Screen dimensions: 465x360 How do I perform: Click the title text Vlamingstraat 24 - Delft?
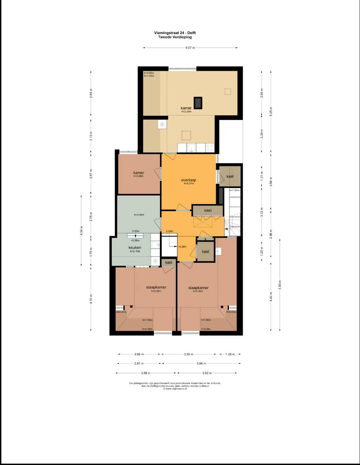pyautogui.click(x=175, y=33)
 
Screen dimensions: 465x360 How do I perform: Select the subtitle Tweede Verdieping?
pyautogui.click(x=175, y=37)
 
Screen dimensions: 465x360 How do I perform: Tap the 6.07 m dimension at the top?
pyautogui.click(x=190, y=48)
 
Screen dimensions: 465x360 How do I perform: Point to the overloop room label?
pyautogui.click(x=189, y=180)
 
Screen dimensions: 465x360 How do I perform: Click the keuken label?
pyautogui.click(x=135, y=247)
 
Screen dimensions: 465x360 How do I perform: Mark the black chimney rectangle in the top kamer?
pyautogui.click(x=198, y=102)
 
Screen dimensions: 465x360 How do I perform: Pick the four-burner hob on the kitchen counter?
pyautogui.click(x=210, y=148)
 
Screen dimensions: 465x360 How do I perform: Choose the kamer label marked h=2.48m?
pyautogui.click(x=138, y=173)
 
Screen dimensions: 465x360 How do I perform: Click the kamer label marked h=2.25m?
pyautogui.click(x=186, y=108)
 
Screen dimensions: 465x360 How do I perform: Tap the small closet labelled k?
pyautogui.click(x=206, y=239)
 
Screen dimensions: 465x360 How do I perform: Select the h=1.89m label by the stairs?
pyautogui.click(x=234, y=190)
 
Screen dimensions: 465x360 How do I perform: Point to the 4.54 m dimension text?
pyautogui.click(x=81, y=230)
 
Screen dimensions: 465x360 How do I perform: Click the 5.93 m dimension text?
pyautogui.click(x=280, y=285)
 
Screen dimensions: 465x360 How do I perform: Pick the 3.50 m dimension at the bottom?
pyautogui.click(x=189, y=354)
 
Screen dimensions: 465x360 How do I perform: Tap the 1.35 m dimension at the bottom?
pyautogui.click(x=230, y=354)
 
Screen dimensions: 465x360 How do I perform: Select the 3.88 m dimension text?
pyautogui.click(x=146, y=373)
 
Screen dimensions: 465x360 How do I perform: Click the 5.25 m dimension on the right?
pyautogui.click(x=271, y=111)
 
